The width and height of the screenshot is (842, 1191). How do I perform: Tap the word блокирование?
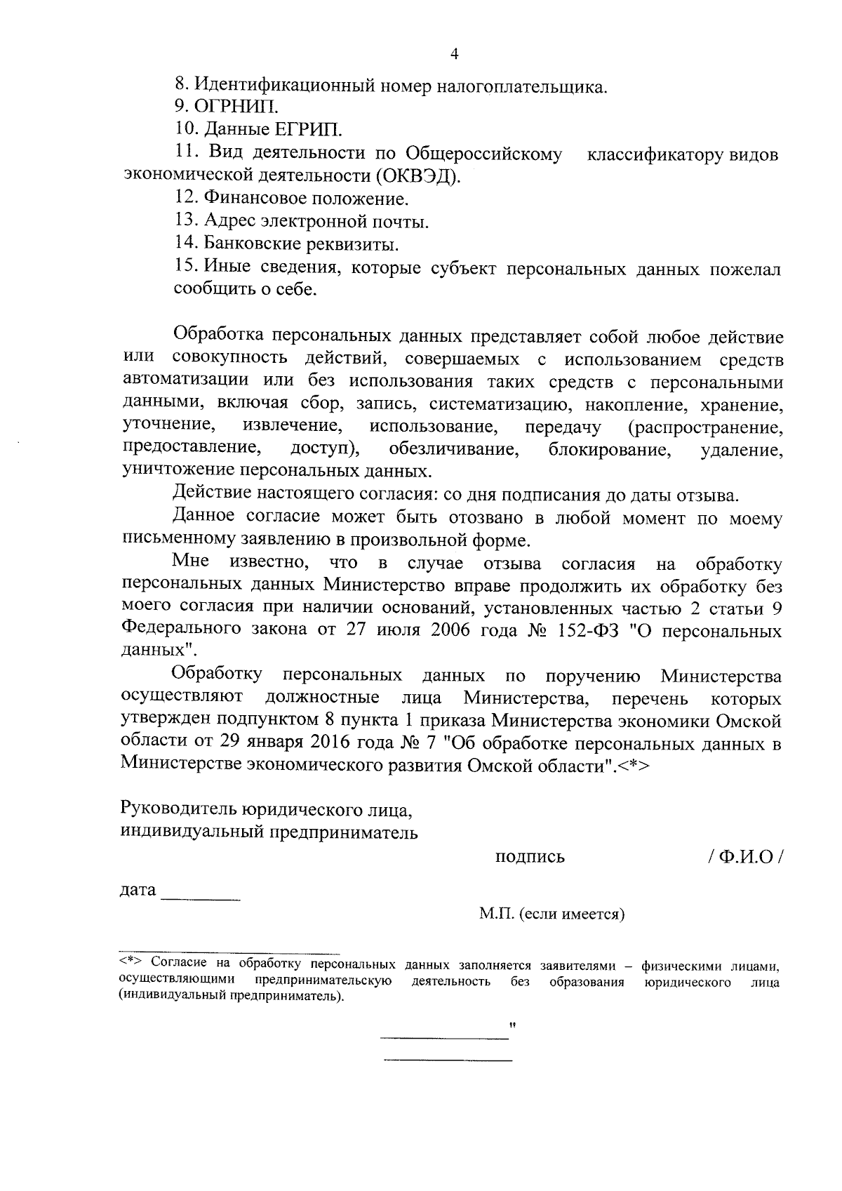[x=608, y=449]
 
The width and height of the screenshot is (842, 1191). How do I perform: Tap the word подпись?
[x=530, y=857]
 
